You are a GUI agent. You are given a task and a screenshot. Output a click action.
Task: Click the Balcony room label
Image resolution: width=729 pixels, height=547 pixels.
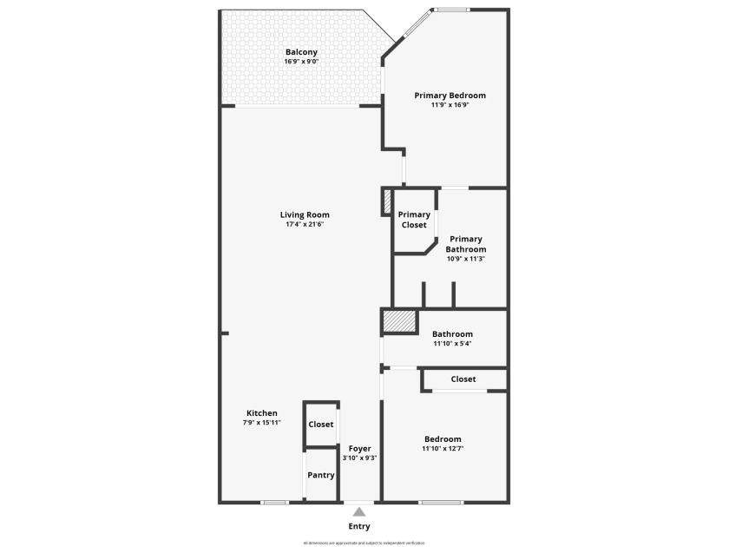301,52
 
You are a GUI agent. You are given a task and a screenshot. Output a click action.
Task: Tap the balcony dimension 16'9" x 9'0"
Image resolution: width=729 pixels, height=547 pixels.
301,62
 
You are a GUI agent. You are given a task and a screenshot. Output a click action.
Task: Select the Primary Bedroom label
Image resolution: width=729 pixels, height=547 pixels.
450,96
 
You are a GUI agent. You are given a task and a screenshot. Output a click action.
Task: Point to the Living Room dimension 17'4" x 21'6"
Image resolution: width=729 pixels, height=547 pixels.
305,225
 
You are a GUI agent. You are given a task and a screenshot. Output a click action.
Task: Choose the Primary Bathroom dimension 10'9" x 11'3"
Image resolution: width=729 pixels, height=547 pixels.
466,259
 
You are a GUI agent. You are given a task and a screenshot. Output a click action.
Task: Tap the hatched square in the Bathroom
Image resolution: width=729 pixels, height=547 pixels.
400,322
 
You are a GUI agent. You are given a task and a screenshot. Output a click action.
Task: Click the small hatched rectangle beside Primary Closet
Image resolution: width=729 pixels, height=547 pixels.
387,203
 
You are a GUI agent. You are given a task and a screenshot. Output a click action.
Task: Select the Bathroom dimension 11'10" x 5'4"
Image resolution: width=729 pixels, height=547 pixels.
452,344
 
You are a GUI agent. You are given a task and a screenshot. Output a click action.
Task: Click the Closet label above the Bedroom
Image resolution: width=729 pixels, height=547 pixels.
463,379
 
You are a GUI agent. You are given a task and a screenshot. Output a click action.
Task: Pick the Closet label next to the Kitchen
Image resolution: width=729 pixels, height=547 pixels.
321,425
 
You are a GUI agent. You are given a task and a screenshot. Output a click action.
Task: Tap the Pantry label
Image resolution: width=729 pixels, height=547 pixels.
321,475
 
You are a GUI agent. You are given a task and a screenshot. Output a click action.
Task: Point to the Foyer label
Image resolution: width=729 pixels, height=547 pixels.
359,448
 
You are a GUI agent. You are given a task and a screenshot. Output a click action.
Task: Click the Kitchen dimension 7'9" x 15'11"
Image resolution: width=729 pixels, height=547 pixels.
261,423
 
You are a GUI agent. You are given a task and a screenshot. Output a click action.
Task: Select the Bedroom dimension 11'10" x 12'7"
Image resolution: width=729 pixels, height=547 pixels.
443,449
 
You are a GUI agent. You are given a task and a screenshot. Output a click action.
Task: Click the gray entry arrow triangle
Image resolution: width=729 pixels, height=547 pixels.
359,512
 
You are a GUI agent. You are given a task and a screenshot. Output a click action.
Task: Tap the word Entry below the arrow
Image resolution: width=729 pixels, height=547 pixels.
359,526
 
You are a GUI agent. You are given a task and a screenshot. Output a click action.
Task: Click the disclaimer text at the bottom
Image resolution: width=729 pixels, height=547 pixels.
364,543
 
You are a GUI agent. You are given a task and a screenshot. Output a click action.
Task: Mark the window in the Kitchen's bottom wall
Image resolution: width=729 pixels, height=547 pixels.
275,503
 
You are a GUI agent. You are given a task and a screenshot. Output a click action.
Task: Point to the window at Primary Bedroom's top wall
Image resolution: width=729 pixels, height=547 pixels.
451,10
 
